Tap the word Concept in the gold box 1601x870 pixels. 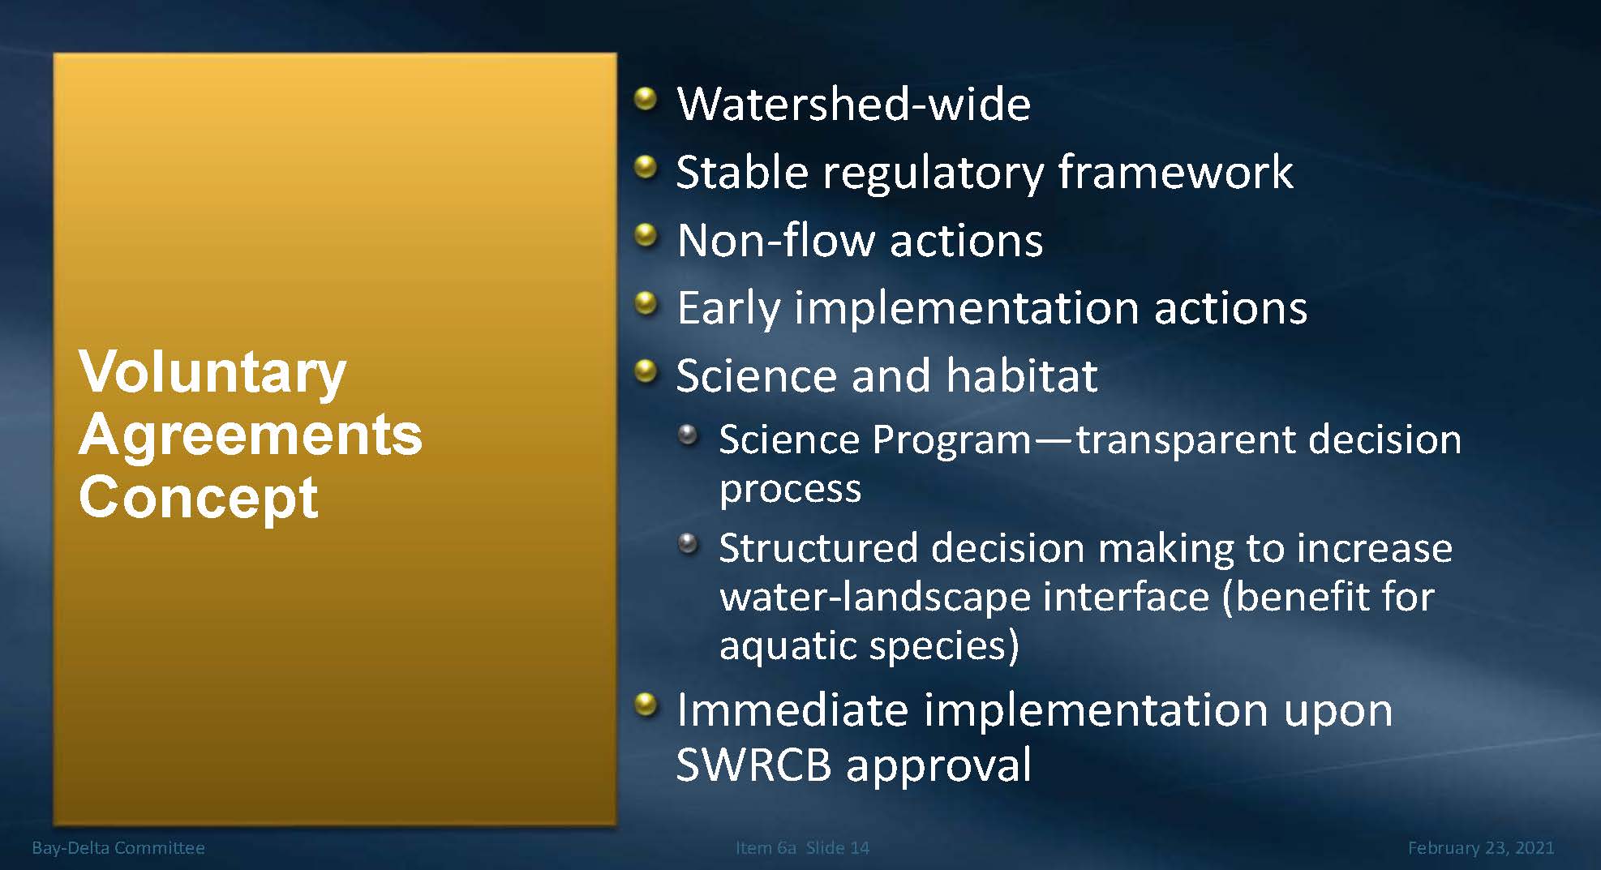(x=199, y=498)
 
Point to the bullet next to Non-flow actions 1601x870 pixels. (x=646, y=236)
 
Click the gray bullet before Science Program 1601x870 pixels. (x=688, y=435)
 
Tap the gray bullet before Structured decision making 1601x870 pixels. (x=688, y=543)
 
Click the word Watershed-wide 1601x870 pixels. (x=854, y=105)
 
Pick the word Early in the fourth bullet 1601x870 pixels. (x=728, y=310)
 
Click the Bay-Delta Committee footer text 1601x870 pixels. (x=118, y=848)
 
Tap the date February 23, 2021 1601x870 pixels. (x=1481, y=848)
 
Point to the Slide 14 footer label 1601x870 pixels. (x=838, y=848)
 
